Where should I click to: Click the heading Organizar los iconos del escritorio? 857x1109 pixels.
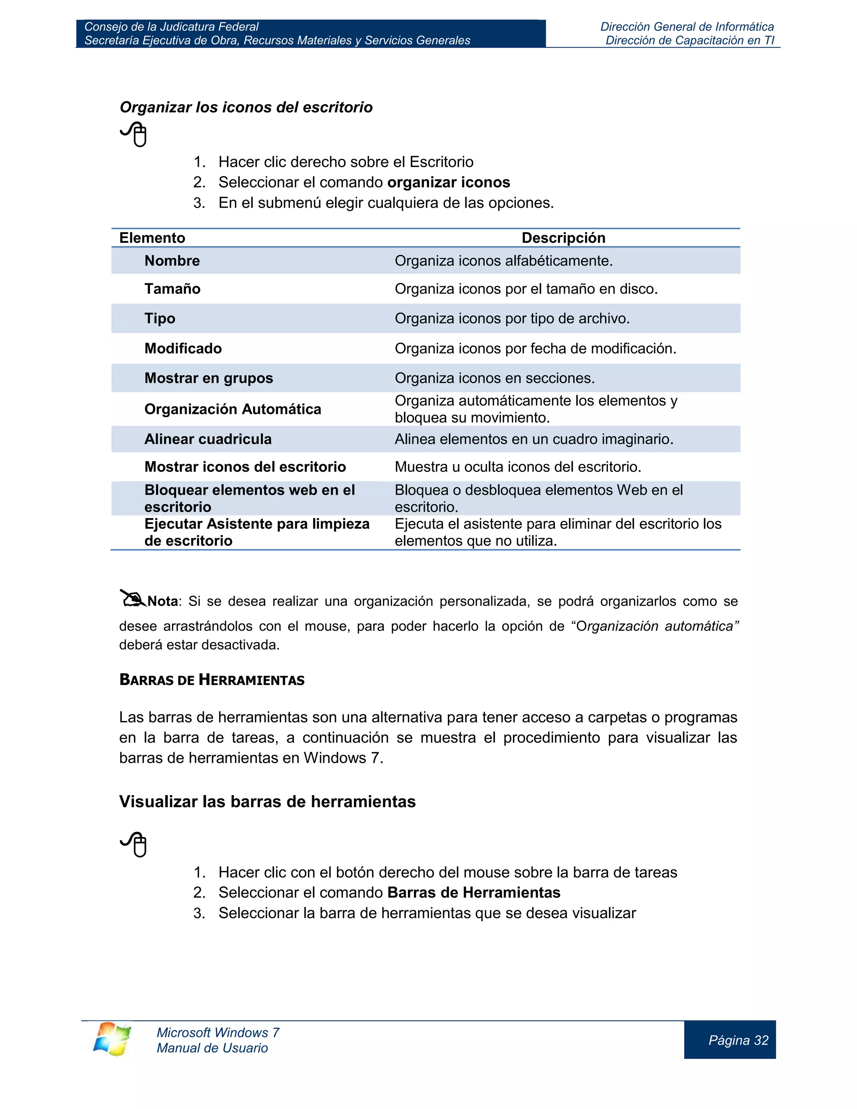pyautogui.click(x=246, y=108)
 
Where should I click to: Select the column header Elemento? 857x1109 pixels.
pyautogui.click(x=152, y=238)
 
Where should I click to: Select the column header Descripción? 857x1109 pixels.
pyautogui.click(x=563, y=238)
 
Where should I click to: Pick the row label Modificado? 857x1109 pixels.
pyautogui.click(x=183, y=348)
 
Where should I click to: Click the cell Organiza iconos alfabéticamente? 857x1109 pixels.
pyautogui.click(x=504, y=261)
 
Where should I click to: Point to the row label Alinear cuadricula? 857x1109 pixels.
pyautogui.click(x=208, y=439)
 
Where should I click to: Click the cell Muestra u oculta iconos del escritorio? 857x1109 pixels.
pyautogui.click(x=518, y=467)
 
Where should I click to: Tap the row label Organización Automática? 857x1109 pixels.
pyautogui.click(x=233, y=409)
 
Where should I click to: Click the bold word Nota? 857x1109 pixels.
pyautogui.click(x=162, y=601)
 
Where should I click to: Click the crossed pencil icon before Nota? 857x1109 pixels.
pyautogui.click(x=133, y=599)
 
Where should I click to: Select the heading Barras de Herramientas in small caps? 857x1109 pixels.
pyautogui.click(x=212, y=680)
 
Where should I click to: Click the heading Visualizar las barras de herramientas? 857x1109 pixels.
pyautogui.click(x=267, y=802)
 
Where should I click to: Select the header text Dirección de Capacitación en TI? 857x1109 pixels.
pyautogui.click(x=690, y=41)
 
